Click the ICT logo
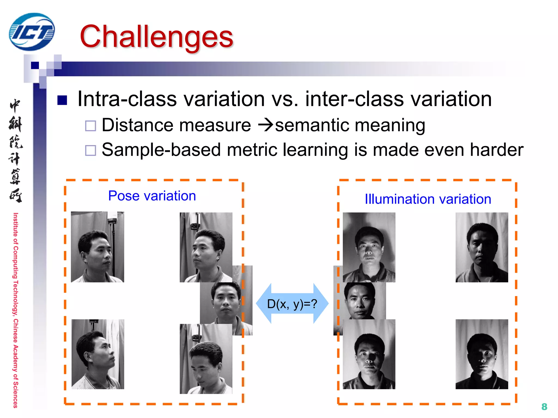click(x=32, y=32)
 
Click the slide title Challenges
click(x=156, y=36)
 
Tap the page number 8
click(x=544, y=407)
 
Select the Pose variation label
click(x=152, y=196)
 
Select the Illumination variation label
click(x=428, y=199)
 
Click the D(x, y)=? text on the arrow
click(x=292, y=304)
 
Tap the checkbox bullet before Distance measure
click(x=90, y=126)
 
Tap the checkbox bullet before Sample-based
click(x=90, y=150)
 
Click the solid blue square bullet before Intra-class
click(x=62, y=100)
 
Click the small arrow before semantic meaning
click(x=265, y=125)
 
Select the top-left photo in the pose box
click(x=97, y=247)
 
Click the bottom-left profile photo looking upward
click(x=98, y=354)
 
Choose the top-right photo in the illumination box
click(x=481, y=247)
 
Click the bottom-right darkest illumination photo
click(x=481, y=354)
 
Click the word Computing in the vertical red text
click(x=16, y=262)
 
